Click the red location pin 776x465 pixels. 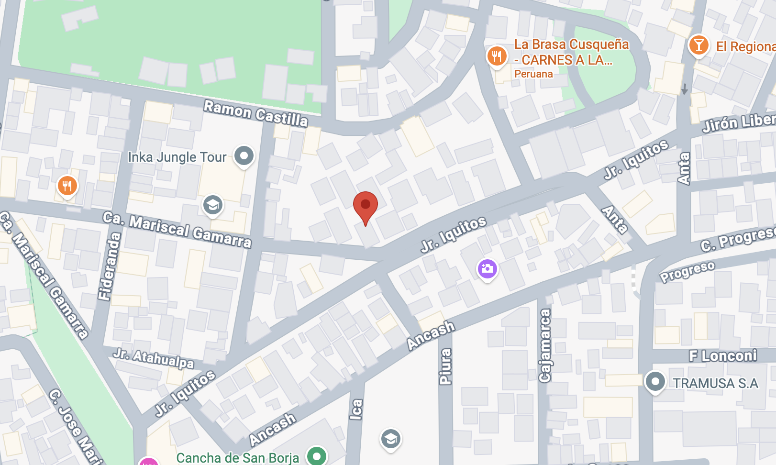366,206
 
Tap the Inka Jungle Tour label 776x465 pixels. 177,157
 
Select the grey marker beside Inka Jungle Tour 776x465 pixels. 244,156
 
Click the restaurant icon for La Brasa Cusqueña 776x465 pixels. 497,56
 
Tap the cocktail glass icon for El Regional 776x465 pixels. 698,46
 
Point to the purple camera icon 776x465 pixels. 487,269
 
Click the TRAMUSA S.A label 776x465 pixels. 715,383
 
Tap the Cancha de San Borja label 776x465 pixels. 238,458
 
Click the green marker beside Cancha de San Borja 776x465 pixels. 316,455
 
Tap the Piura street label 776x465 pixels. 445,366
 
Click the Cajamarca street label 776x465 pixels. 545,345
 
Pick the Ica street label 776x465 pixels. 356,410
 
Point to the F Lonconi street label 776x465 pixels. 722,355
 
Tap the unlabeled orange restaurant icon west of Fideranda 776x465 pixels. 67,186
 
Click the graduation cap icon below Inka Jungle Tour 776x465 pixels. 212,206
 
